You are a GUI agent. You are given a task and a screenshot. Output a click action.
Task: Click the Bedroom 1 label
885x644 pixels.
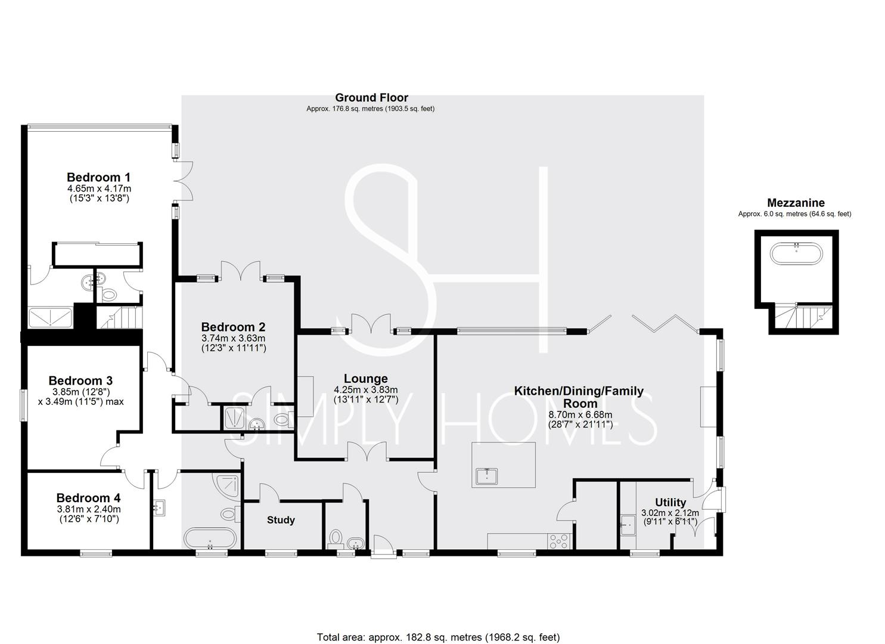point(98,177)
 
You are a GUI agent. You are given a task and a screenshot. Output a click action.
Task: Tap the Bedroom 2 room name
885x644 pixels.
point(233,327)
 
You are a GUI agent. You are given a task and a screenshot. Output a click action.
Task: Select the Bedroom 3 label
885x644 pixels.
point(80,380)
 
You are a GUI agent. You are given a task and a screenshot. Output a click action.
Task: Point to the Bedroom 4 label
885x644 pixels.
point(88,498)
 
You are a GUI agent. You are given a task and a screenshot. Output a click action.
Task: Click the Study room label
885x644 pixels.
point(281,520)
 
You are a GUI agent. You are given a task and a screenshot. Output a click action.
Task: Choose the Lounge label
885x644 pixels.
point(365,379)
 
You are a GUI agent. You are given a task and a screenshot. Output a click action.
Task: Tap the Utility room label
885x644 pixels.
point(670,502)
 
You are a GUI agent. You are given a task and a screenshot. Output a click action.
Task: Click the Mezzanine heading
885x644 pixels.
point(796,203)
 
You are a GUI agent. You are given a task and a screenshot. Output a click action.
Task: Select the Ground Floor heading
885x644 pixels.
point(371,98)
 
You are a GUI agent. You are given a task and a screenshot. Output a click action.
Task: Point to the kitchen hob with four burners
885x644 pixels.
point(558,541)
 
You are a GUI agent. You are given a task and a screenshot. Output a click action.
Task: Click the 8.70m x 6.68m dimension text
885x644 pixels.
point(580,415)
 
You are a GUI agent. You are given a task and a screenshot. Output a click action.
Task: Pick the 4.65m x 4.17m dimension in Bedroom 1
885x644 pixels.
point(98,188)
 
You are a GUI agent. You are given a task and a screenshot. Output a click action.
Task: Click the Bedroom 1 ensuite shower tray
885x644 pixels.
point(50,317)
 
